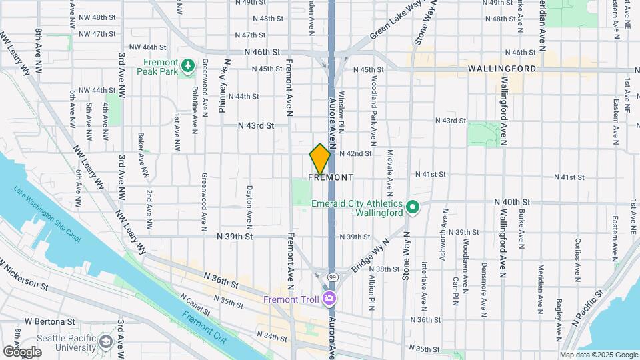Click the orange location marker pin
point(320,159)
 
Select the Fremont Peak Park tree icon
point(188,64)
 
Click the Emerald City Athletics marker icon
point(412,207)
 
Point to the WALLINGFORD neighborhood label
point(502,69)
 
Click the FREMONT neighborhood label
point(330,177)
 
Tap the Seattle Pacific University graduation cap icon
point(105,342)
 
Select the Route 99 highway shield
point(332,276)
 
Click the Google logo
point(22,351)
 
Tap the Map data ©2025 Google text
point(598,355)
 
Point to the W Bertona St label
point(47,321)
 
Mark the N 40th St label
point(511,201)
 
